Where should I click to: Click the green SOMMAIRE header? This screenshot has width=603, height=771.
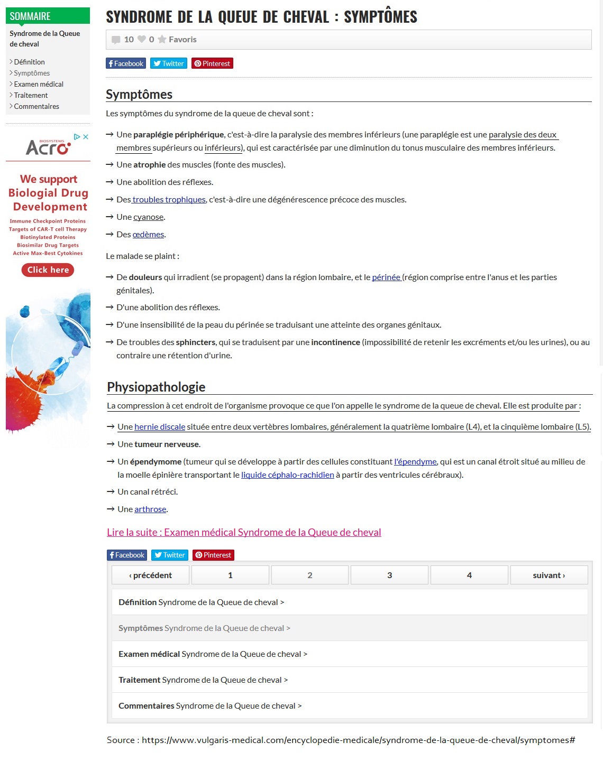(48, 16)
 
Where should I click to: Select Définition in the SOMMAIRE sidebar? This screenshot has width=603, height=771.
(29, 62)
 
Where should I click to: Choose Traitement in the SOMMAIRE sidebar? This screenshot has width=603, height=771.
(31, 95)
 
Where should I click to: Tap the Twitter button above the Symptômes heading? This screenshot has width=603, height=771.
(169, 63)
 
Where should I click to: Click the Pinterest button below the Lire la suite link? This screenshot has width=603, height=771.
(213, 555)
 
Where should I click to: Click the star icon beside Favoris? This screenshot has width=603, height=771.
(162, 40)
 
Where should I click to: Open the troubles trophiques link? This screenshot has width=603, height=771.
(169, 199)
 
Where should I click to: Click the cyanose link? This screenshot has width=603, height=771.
(148, 217)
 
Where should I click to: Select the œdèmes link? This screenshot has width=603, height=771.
(148, 234)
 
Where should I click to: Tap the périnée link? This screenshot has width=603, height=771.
(386, 277)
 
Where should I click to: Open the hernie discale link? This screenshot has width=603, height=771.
(160, 426)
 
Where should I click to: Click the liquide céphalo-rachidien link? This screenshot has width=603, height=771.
(287, 475)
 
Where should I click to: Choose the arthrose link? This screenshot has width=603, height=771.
(150, 509)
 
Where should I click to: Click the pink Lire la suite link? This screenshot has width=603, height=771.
(244, 532)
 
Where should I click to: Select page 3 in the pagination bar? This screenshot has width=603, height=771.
(389, 575)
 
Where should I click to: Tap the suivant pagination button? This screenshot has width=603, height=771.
(549, 575)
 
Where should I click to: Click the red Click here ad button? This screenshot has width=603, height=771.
(48, 270)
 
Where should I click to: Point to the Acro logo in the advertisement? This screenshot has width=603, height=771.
(48, 147)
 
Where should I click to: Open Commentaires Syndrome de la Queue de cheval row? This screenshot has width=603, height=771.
(210, 705)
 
